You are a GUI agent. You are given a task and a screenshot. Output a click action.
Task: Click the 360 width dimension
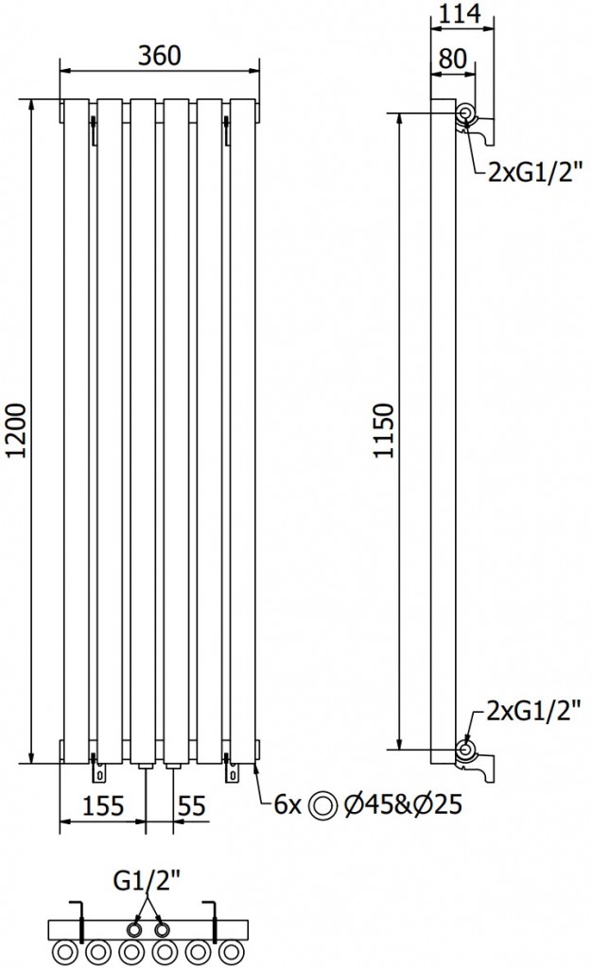click(158, 55)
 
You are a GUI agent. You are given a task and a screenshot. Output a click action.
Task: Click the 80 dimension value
click(453, 58)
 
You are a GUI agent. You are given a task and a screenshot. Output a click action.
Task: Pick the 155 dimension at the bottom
click(103, 805)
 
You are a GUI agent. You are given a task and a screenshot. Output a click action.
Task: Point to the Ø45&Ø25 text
click(403, 805)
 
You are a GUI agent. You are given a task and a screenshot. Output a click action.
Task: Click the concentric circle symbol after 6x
click(323, 805)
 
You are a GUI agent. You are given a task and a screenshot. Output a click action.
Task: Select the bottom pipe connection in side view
click(466, 751)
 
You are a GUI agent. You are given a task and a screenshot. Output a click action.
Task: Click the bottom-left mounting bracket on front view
click(95, 769)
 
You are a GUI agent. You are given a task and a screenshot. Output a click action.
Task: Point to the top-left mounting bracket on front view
click(95, 128)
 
